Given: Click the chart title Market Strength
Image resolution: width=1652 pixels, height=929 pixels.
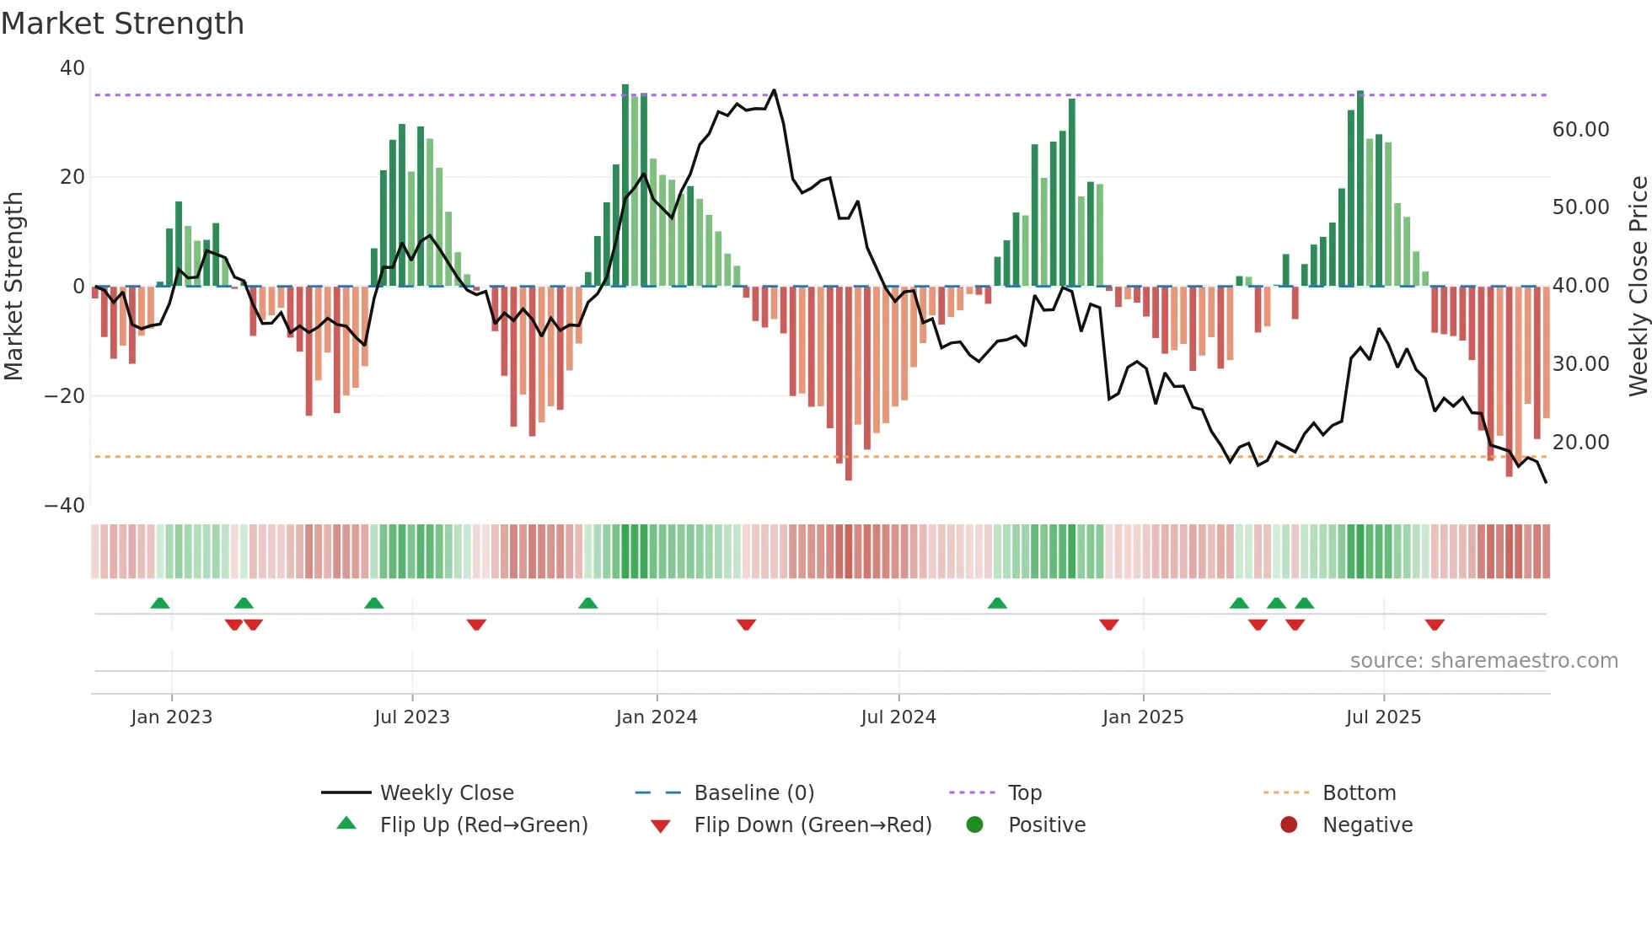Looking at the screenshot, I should pos(122,24).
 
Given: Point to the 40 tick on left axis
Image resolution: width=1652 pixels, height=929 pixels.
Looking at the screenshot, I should pos(72,68).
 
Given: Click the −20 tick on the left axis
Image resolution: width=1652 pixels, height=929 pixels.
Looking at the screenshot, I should pos(65,396).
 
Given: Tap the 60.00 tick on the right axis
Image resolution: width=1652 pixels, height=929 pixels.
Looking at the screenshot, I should pos(1580,130).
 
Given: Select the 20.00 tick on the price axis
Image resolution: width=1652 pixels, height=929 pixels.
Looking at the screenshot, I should pos(1580,443).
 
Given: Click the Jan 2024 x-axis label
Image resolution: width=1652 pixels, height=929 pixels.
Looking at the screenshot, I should pos(656,717).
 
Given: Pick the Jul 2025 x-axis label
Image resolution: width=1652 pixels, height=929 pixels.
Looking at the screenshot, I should pos(1383,717).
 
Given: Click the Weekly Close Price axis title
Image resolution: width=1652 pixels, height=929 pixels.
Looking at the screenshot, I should pos(1638,287).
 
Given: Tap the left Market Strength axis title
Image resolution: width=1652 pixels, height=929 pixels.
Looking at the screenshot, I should pos(14,287).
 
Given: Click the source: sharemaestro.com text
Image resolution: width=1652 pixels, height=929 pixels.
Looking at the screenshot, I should pos(1483,661).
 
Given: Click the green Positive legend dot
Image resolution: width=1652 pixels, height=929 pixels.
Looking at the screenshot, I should pos(975,825).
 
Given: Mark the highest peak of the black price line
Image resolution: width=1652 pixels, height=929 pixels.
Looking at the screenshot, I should pos(774,90).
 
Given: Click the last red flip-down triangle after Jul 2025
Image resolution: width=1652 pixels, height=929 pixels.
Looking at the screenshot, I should pos(1435,625).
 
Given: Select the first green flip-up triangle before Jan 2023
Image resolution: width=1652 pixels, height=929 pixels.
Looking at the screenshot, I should pos(160,603).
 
